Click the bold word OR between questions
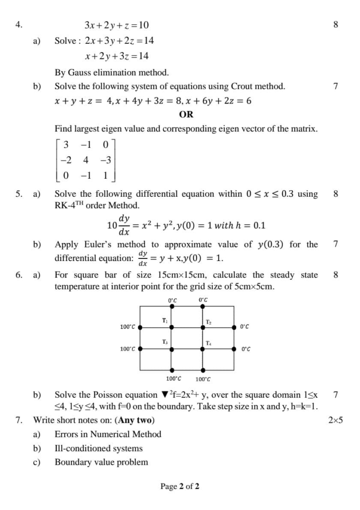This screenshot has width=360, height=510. click(x=186, y=114)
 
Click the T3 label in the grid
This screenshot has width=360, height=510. click(x=164, y=341)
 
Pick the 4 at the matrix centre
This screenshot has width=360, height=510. click(x=86, y=160)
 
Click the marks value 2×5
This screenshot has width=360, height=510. click(x=336, y=420)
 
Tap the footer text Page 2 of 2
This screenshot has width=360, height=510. click(x=180, y=486)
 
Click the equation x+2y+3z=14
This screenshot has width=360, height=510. click(x=117, y=56)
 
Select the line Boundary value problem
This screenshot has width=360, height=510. click(x=101, y=462)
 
